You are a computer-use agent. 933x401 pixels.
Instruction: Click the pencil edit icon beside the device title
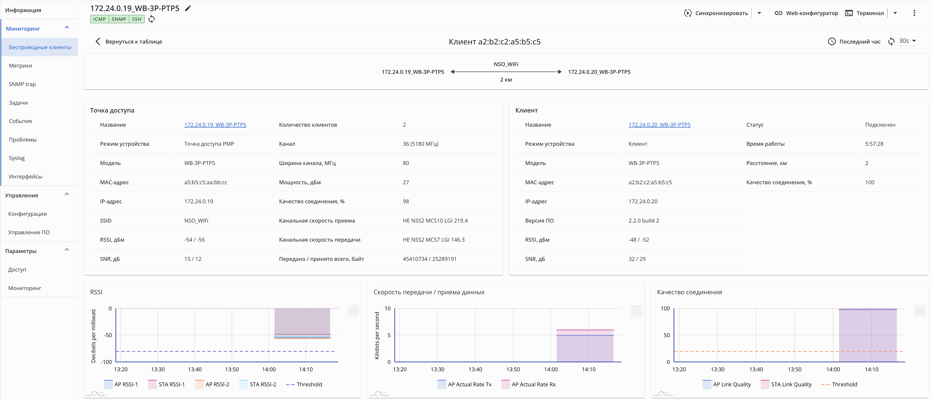click(x=188, y=8)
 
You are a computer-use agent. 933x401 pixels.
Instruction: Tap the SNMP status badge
click(x=119, y=19)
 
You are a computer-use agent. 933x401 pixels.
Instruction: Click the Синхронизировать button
click(x=716, y=13)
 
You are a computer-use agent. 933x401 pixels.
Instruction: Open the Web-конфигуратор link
click(x=806, y=13)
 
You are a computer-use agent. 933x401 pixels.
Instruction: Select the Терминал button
click(x=864, y=13)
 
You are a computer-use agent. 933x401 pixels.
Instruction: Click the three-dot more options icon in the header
click(x=914, y=13)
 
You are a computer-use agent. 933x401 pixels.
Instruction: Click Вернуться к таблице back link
click(x=129, y=42)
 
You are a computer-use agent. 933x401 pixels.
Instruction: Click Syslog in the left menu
click(x=17, y=158)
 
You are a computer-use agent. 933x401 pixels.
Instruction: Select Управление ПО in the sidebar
click(x=29, y=232)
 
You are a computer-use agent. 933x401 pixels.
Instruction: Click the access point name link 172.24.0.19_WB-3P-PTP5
click(x=215, y=125)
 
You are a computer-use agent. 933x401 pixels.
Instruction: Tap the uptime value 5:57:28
click(x=874, y=144)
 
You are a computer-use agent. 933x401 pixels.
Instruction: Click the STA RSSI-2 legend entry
click(x=258, y=384)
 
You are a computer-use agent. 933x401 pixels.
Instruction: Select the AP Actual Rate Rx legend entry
click(x=528, y=384)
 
